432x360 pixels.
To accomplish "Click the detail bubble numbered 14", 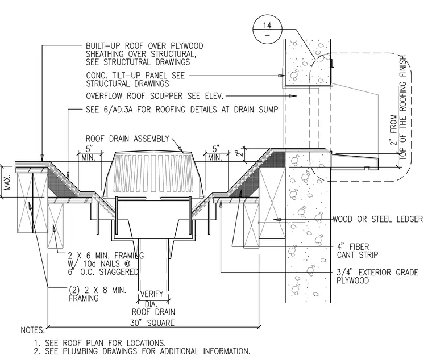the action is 267,29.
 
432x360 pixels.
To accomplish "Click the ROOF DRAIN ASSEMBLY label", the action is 127,139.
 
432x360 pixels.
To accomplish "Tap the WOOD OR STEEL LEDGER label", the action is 377,219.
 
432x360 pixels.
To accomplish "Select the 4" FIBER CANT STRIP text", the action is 358,250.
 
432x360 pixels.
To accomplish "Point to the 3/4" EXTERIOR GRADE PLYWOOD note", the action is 377,277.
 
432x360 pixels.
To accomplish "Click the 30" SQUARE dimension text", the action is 152,323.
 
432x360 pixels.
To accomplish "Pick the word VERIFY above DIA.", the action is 152,294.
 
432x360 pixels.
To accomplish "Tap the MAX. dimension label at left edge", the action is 7,182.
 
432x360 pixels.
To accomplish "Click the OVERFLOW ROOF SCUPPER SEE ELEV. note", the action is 155,96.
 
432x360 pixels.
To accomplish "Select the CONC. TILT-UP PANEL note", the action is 135,79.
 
